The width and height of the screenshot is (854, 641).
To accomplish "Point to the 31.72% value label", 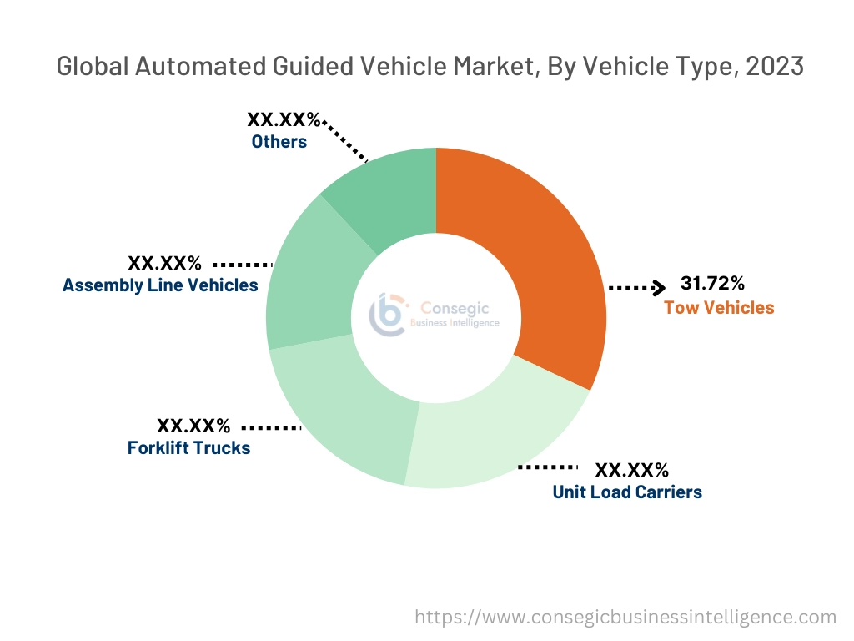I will pyautogui.click(x=713, y=285).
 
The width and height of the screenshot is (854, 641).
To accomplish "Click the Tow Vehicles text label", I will pyautogui.click(x=719, y=308).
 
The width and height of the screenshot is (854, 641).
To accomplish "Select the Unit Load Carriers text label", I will pyautogui.click(x=627, y=492).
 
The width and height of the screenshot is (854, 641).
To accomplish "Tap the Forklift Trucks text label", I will pyautogui.click(x=188, y=448).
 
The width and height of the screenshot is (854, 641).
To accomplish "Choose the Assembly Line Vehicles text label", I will pyautogui.click(x=160, y=285).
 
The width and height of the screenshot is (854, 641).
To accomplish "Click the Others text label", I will pyautogui.click(x=279, y=142).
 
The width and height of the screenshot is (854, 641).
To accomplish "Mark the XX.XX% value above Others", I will pyautogui.click(x=284, y=120).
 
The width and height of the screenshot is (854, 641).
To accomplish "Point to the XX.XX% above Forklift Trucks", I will pyautogui.click(x=193, y=426).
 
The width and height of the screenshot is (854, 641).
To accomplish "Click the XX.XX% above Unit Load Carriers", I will pyautogui.click(x=631, y=470).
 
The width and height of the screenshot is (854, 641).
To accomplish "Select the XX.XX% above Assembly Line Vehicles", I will pyautogui.click(x=164, y=264).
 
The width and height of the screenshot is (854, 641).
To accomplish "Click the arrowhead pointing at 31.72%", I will pyautogui.click(x=659, y=288).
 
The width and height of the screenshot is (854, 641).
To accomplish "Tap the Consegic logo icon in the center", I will pyautogui.click(x=388, y=315).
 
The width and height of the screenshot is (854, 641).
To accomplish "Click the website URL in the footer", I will pyautogui.click(x=625, y=618).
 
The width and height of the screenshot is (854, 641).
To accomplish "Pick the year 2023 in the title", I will pyautogui.click(x=776, y=67).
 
